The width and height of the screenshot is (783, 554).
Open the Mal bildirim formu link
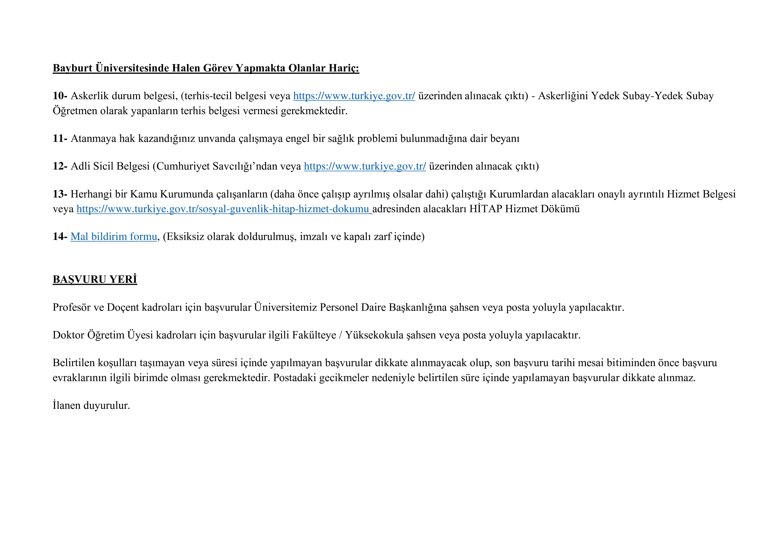[x=114, y=237]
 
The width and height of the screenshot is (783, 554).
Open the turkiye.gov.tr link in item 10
[x=354, y=96]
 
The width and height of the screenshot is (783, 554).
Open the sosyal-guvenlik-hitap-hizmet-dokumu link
[x=223, y=209]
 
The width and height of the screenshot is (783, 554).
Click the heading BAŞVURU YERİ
[x=95, y=279]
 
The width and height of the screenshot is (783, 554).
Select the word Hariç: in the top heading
[x=344, y=68]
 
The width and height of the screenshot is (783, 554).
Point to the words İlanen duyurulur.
[x=91, y=405]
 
